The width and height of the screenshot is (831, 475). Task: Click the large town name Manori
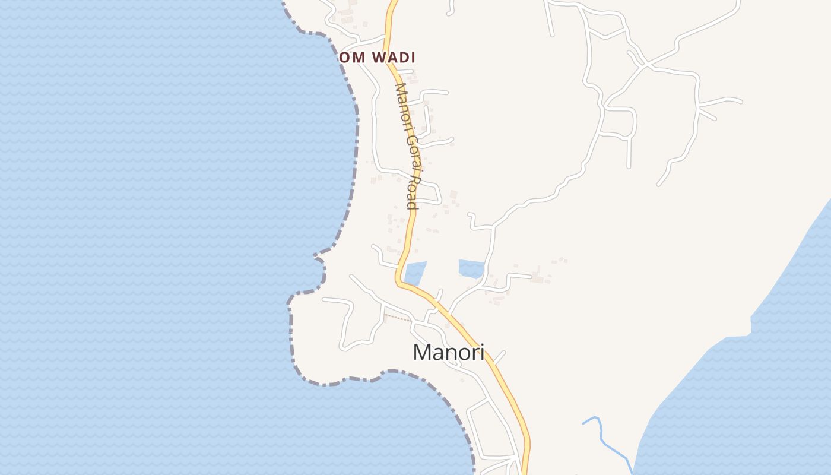point(448,352)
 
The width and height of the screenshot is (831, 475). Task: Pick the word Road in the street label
point(413,190)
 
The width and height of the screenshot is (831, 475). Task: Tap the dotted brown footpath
point(398,318)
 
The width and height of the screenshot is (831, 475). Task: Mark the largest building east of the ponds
point(537,278)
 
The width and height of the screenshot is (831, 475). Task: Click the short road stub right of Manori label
point(499,357)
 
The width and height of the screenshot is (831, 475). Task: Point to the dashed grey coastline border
point(356,137)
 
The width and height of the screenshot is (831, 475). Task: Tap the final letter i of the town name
point(482,352)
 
